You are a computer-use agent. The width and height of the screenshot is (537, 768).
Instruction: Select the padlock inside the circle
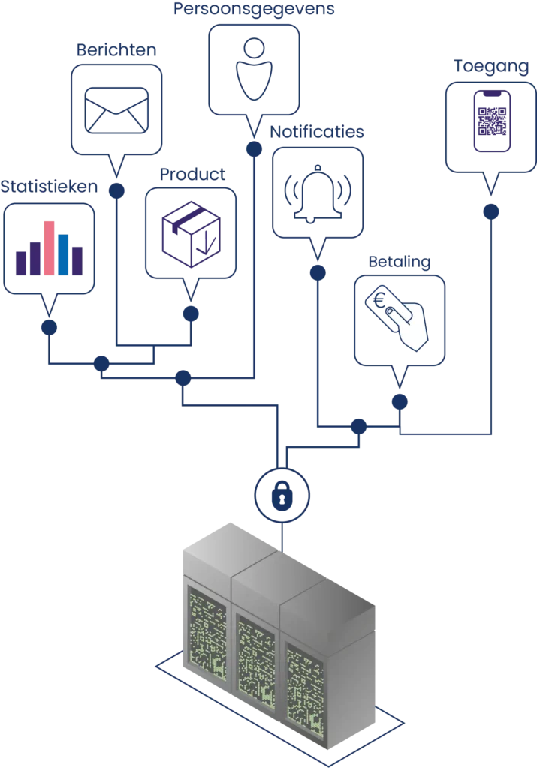coord(280,494)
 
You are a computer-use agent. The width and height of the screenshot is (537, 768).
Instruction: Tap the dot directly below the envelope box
coord(116,190)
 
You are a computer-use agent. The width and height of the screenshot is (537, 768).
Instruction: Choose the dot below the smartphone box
coord(490,212)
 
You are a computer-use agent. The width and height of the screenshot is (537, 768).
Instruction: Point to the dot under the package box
coord(191,312)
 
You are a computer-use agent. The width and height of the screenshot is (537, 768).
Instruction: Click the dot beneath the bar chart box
coord(50,327)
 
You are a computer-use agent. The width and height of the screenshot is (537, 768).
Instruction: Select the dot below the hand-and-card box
coord(400,402)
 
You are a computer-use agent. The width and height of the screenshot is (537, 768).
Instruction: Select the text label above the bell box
coord(318,132)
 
